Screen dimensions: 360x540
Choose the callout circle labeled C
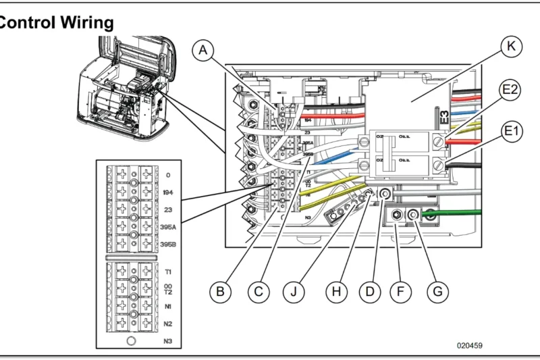[257, 292]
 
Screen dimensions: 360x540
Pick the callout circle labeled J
[295, 292]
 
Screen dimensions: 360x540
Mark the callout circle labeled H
[333, 292]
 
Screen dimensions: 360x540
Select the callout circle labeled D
[369, 292]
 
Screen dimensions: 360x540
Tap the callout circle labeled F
[401, 292]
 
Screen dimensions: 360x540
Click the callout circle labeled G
[438, 292]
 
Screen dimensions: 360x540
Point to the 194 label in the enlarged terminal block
[169, 192]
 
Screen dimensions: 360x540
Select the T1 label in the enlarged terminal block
[168, 271]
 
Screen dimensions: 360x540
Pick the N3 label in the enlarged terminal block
[169, 341]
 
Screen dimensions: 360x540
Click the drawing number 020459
[470, 346]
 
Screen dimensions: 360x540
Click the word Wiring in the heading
[84, 22]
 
